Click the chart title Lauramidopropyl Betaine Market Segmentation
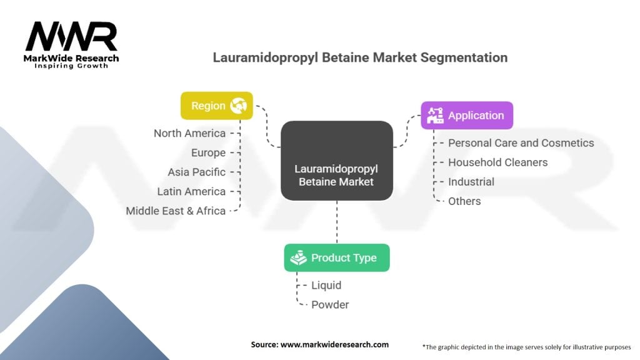click(360, 57)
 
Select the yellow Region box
click(216, 106)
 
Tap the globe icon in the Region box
click(238, 106)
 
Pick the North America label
click(189, 133)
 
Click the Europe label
click(208, 152)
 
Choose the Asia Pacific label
click(196, 172)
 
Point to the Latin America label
click(191, 191)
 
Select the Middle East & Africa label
click(176, 211)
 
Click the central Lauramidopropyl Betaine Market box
click(336, 160)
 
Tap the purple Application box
click(466, 115)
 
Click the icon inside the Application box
click(435, 115)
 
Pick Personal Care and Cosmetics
click(521, 142)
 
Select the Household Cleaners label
click(497, 162)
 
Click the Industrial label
click(471, 182)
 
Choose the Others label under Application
click(464, 201)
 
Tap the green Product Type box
click(336, 257)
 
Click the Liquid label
click(326, 285)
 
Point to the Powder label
click(330, 304)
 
